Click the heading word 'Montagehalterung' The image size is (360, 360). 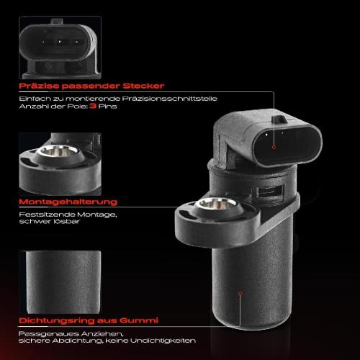[68, 202]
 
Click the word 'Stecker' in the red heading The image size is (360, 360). [143, 86]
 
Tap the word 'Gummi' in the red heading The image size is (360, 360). [139, 320]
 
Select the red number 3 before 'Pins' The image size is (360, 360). [93, 106]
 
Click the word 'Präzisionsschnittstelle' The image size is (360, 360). [169, 99]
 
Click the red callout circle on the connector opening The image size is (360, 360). [274, 148]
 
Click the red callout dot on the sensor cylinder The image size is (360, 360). [240, 293]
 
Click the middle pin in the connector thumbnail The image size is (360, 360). [60, 42]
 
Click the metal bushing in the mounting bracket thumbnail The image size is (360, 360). [58, 150]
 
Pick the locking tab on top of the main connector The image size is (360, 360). [279, 119]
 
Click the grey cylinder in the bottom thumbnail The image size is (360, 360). [63, 282]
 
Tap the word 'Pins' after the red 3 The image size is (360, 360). [107, 106]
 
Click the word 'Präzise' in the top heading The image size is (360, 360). [39, 86]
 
